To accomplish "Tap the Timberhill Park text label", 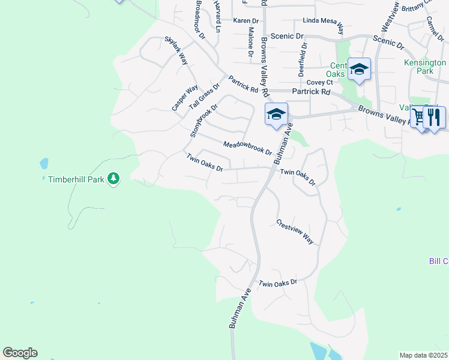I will pos(76,179).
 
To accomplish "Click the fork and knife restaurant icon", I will pos(435,116).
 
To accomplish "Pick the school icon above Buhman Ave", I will pos(276,114).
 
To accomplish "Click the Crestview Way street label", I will pos(295,231).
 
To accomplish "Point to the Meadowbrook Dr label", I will pos(247,148).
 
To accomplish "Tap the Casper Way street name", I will pos(184,98).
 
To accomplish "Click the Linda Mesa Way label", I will pos(323,26).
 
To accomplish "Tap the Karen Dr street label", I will pos(246,20).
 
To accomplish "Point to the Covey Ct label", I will pos(319,82).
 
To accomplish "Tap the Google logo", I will pos(20,353).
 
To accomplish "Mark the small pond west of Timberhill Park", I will pos(44,163).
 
